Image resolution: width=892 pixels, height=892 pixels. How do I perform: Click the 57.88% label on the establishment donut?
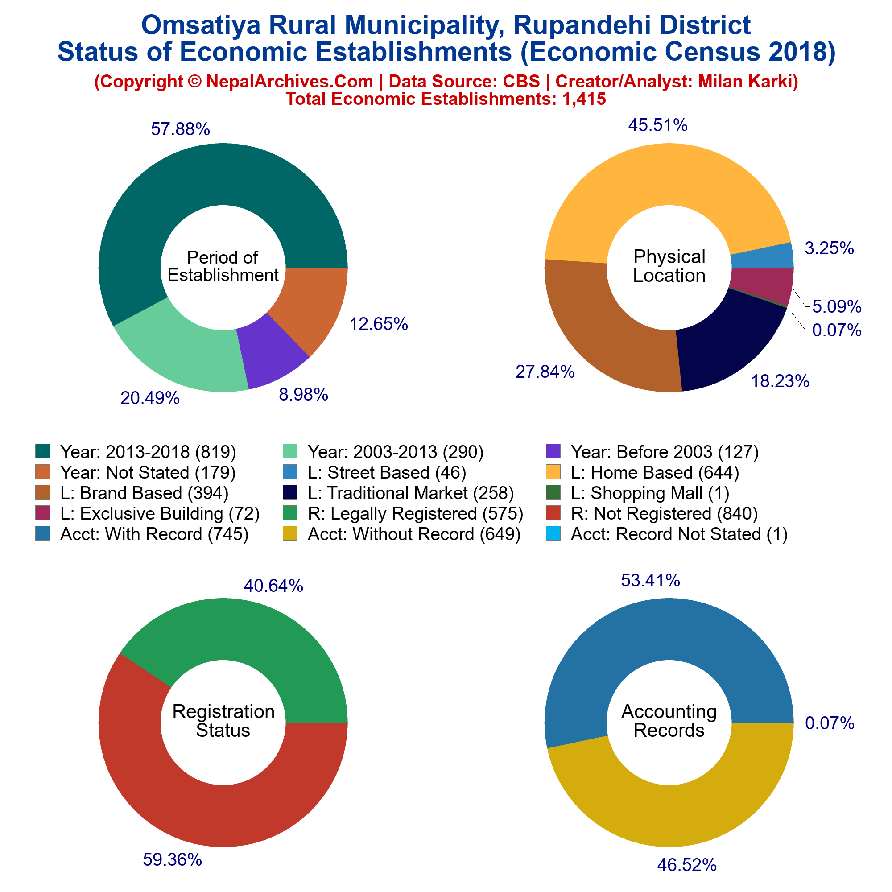click(181, 130)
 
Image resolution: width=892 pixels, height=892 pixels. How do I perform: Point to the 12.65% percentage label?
click(379, 324)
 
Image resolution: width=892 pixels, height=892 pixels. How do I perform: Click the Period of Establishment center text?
click(223, 266)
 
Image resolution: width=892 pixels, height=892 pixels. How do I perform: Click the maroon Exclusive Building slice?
click(762, 284)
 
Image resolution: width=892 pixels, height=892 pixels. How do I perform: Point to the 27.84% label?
click(545, 372)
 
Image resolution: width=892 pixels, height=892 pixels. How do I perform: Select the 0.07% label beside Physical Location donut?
click(837, 330)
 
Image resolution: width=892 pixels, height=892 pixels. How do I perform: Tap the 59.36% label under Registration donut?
click(172, 859)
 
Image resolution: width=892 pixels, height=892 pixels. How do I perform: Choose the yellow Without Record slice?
click(669, 799)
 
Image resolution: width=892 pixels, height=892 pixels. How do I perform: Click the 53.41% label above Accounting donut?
click(651, 581)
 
